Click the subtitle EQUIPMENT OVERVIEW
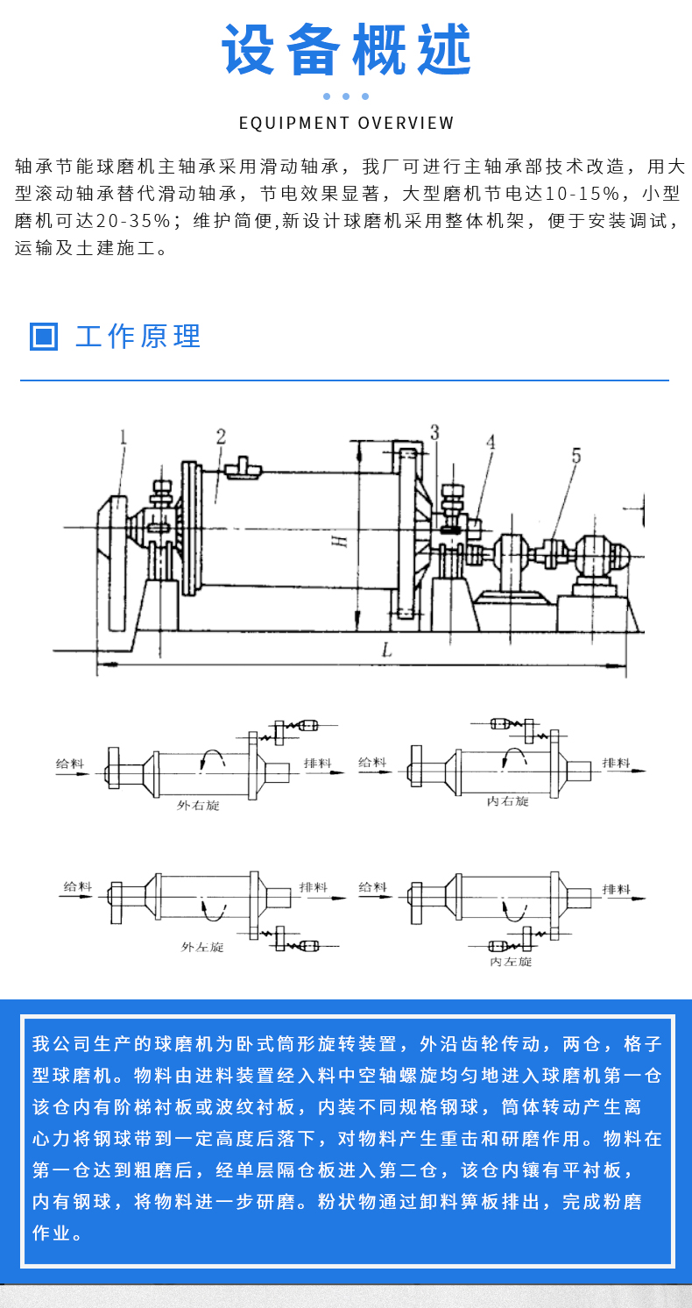346,123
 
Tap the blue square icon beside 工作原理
44,336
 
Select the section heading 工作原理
138,336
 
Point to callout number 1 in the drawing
124,436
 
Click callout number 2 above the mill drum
222,436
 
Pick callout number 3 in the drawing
434,431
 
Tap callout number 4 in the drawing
491,442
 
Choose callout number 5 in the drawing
575,455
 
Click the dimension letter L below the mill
386,650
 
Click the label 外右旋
199,805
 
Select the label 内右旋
508,801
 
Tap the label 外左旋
202,947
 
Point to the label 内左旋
511,961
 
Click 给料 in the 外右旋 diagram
70,764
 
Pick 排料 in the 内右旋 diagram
616,763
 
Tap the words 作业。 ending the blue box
58,1233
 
